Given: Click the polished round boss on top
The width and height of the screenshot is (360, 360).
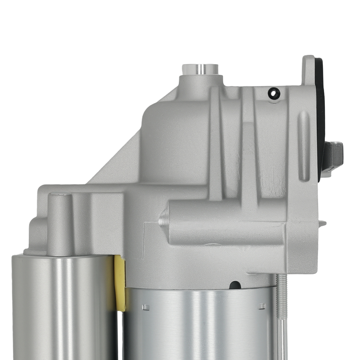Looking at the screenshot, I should [200, 69].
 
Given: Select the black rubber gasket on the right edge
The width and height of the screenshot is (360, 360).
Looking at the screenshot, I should [320, 115].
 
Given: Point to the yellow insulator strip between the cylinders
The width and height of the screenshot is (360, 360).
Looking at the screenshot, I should [120, 283].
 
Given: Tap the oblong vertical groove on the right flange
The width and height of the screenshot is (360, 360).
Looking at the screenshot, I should [304, 146].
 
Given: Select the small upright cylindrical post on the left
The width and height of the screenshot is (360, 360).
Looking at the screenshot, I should [60, 223].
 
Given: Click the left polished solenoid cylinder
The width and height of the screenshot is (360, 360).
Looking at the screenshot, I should [63, 306].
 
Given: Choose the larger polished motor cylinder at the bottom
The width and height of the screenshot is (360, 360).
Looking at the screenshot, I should [198, 324].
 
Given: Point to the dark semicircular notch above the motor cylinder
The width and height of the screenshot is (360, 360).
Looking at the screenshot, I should [235, 285].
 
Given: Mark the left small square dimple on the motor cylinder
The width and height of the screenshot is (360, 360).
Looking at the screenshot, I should [145, 307].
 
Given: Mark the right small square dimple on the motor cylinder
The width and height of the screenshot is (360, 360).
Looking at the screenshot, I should [262, 306].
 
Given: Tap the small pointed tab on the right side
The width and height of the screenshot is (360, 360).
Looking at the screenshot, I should [322, 224].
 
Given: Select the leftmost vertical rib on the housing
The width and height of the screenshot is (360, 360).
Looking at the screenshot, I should [215, 144].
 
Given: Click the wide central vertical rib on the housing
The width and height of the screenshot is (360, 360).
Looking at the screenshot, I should [248, 151].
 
